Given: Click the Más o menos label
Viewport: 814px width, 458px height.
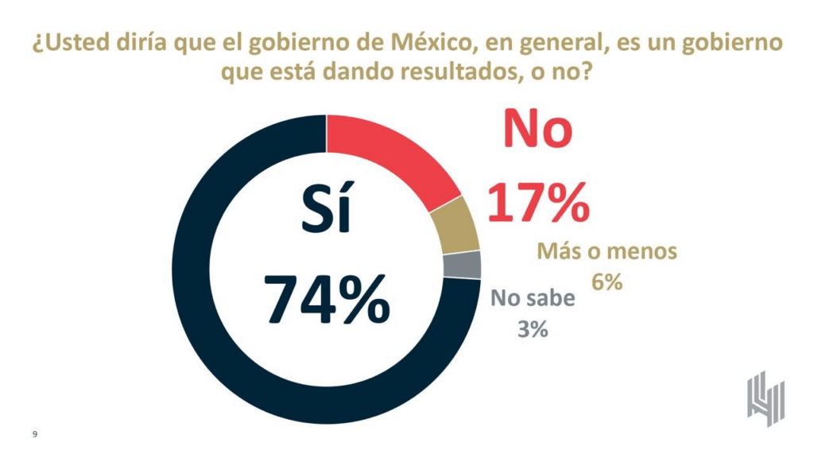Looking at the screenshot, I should point(607,252).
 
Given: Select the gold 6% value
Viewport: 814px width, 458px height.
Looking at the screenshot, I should point(607,281).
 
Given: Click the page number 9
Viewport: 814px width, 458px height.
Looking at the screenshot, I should point(35,434).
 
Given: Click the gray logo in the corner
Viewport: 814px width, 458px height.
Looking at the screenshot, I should point(766,398).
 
